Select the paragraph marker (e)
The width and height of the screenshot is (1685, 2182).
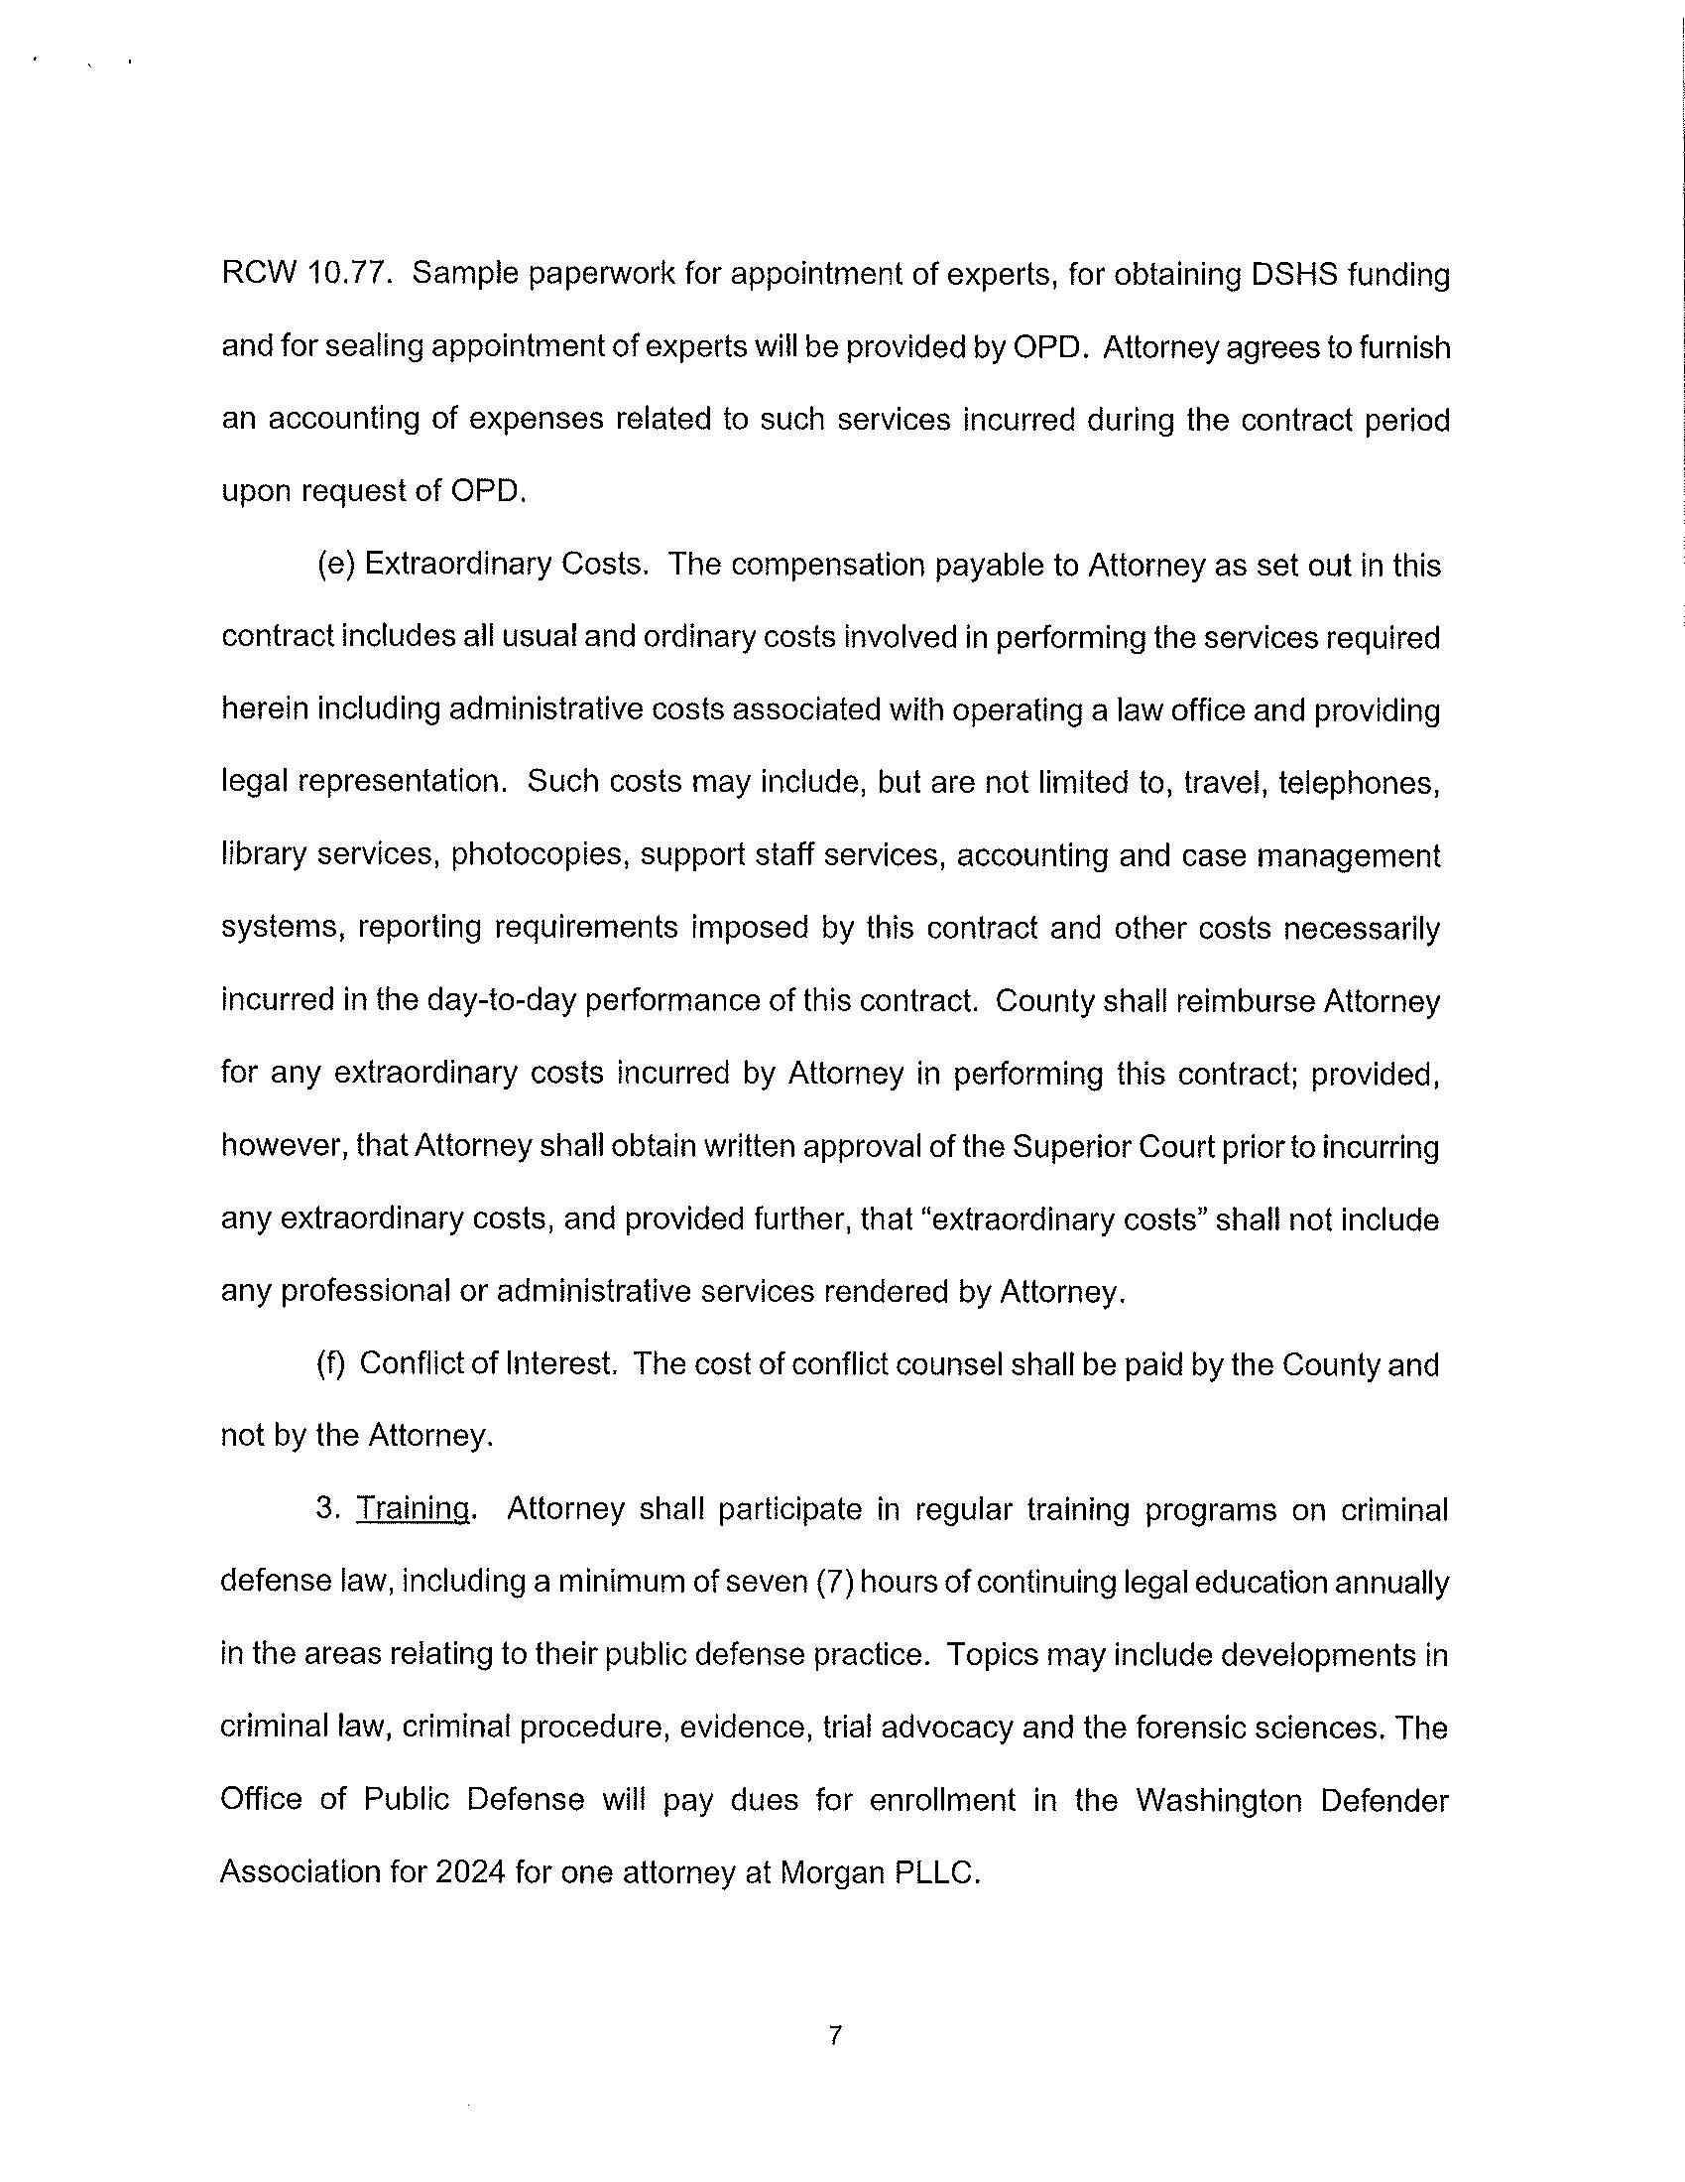[x=335, y=565]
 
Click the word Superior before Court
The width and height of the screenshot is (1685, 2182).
[x=1073, y=1146]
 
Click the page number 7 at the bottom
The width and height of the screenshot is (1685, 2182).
[x=836, y=2035]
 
